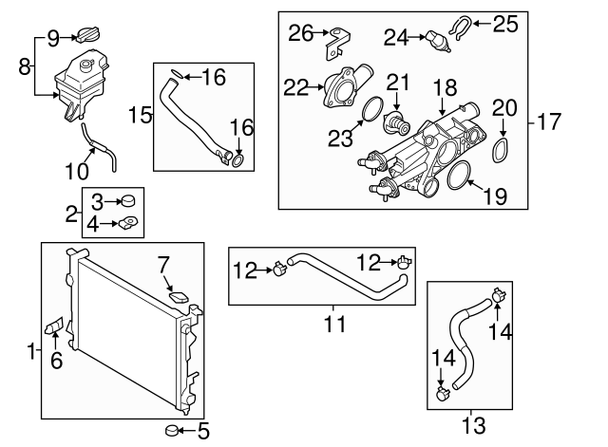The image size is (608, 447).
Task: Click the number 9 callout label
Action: pyautogui.click(x=53, y=37)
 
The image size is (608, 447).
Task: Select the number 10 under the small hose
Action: pyautogui.click(x=76, y=172)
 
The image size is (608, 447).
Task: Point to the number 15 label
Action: pyautogui.click(x=141, y=115)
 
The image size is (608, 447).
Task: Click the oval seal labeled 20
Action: pyautogui.click(x=503, y=151)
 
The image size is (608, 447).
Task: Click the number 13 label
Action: pyautogui.click(x=471, y=422)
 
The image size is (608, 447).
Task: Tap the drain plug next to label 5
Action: pyautogui.click(x=174, y=430)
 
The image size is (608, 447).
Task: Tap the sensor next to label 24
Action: pyautogui.click(x=437, y=42)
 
